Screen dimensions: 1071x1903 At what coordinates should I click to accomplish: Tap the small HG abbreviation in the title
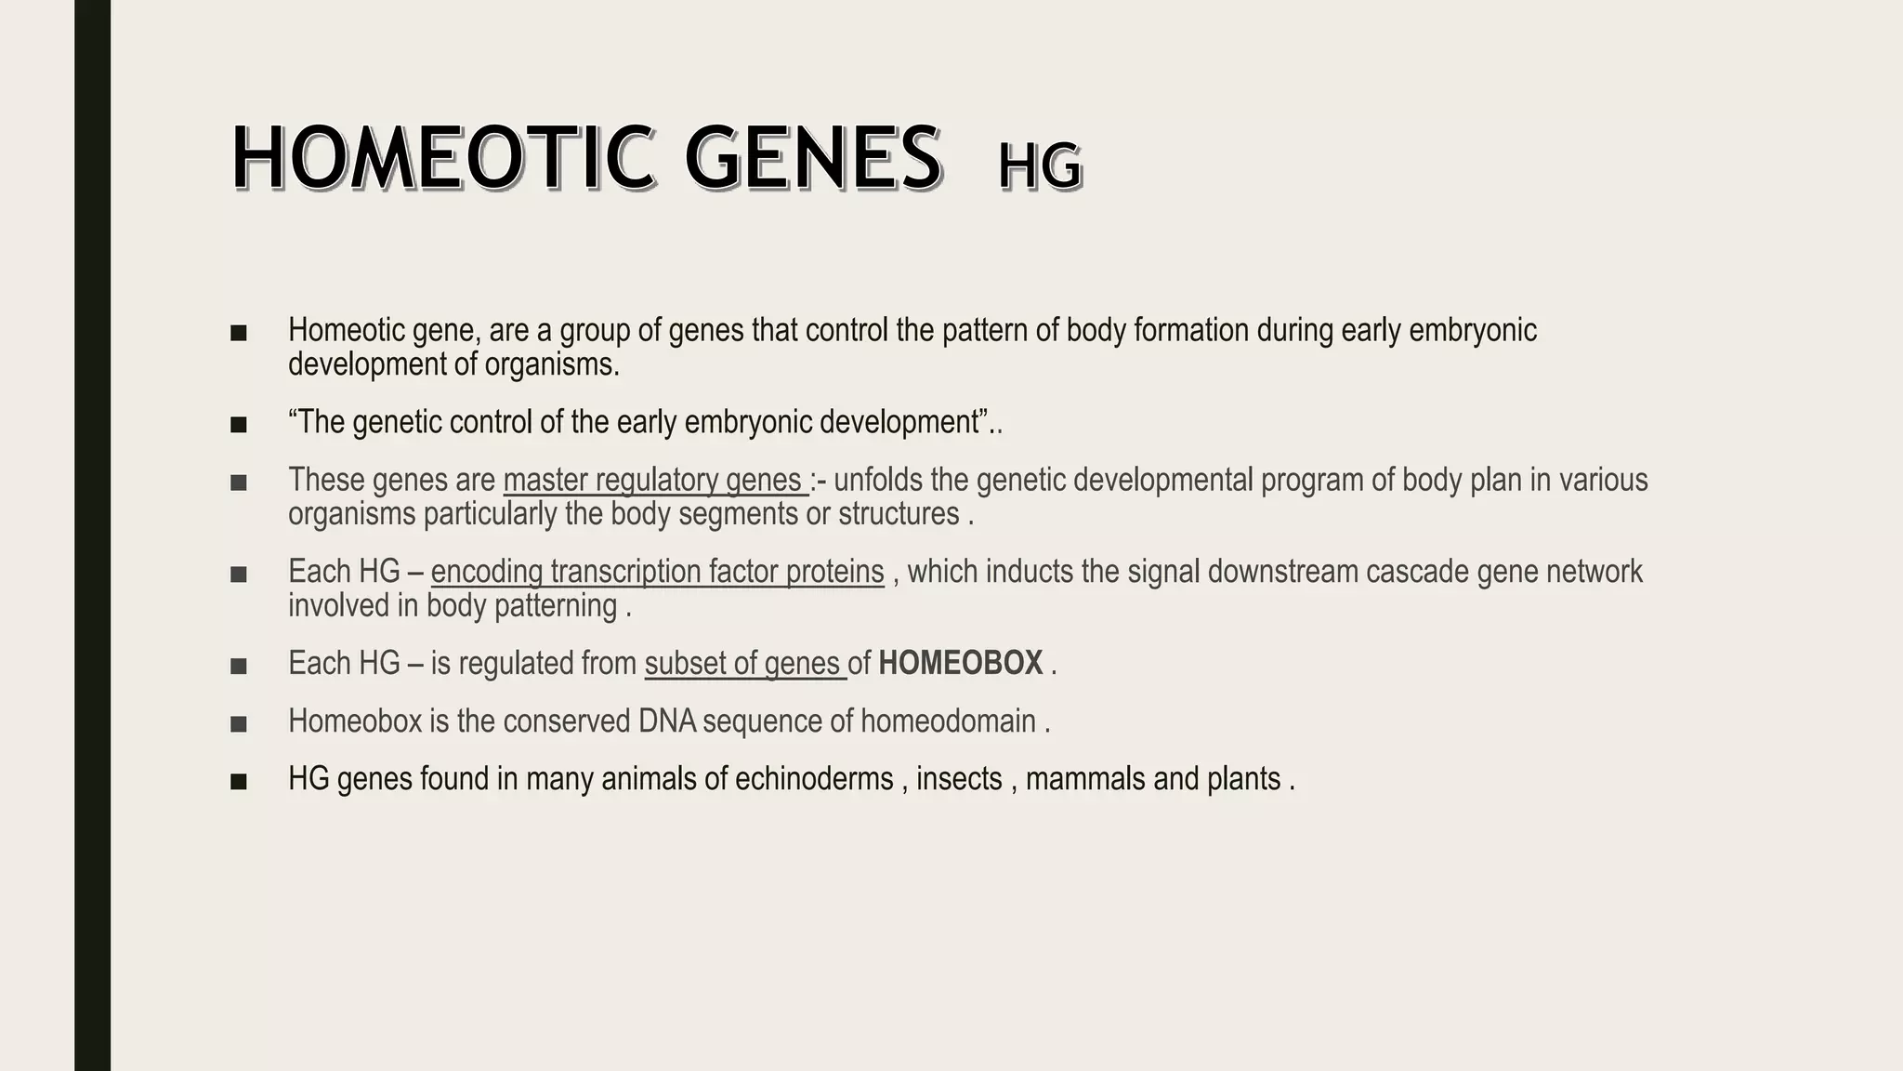pos(1040,168)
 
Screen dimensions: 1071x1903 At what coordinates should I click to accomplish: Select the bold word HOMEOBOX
pos(960,664)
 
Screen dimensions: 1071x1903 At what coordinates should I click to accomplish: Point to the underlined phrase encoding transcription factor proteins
pos(657,572)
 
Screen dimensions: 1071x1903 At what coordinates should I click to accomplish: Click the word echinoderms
pos(814,779)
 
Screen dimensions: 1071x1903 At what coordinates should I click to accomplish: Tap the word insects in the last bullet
pos(959,779)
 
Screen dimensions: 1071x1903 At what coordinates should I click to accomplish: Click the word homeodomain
pos(948,721)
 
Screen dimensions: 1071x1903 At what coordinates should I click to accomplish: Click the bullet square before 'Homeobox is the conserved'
pos(239,723)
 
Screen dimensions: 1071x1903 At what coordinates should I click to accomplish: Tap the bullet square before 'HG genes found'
pos(239,781)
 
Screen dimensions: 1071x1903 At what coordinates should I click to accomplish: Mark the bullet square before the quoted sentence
pos(239,425)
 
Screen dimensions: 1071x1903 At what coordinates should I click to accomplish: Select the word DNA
pos(668,721)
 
